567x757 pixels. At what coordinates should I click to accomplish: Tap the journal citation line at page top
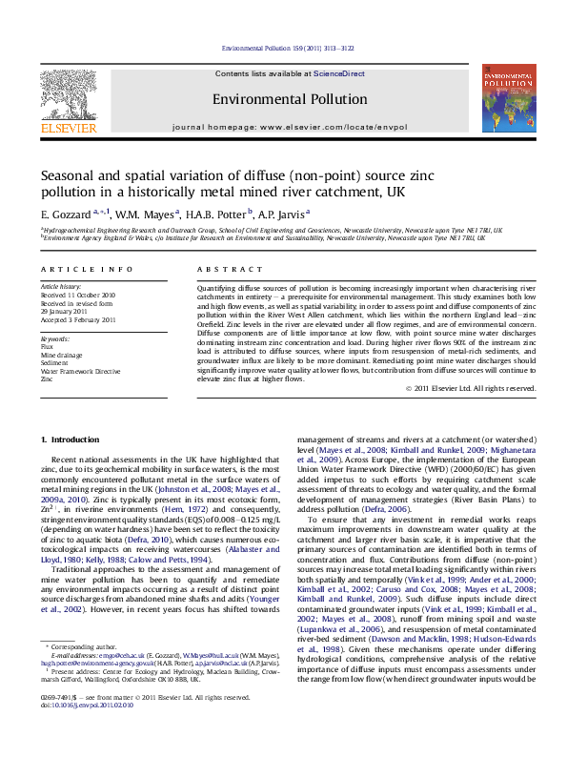[x=283, y=48]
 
